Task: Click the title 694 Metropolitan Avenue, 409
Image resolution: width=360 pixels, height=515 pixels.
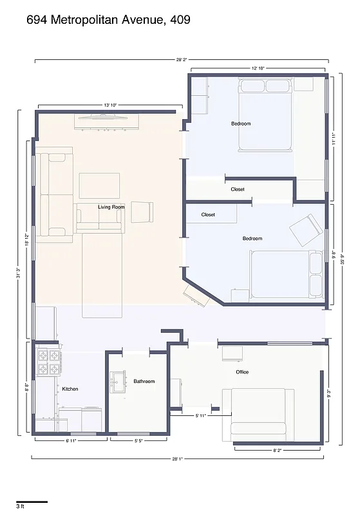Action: pos(108,20)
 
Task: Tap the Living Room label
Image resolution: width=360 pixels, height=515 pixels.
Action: pos(111,207)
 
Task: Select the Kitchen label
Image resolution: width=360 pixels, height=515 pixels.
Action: pos(70,389)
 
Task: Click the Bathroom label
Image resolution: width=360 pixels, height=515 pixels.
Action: pos(144,381)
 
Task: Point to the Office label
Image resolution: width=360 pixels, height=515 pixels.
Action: pos(242,372)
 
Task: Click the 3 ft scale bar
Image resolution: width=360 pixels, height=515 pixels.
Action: pos(32,502)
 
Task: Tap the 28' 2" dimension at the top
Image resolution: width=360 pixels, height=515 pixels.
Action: pos(180,59)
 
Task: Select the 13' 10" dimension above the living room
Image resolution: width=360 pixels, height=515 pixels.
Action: pos(111,105)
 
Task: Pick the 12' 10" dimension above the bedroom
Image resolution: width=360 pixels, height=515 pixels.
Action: pos(258,68)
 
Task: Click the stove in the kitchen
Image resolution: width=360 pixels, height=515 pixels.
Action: pos(50,362)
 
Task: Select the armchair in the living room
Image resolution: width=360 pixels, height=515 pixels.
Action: pos(142,212)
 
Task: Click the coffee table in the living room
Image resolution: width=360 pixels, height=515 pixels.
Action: pos(99,185)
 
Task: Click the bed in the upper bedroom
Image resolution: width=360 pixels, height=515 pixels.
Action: pos(266,115)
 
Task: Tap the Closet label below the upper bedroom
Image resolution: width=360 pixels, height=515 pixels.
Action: pos(238,189)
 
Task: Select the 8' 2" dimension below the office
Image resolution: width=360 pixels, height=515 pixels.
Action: pos(276,450)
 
